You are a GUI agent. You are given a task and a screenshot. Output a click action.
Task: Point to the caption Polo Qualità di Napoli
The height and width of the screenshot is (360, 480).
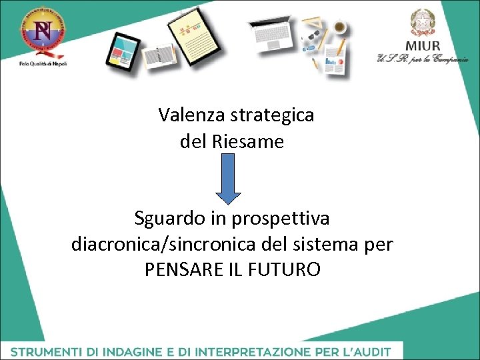43,63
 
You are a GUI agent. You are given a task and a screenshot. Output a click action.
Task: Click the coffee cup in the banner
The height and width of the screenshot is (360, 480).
339,27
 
